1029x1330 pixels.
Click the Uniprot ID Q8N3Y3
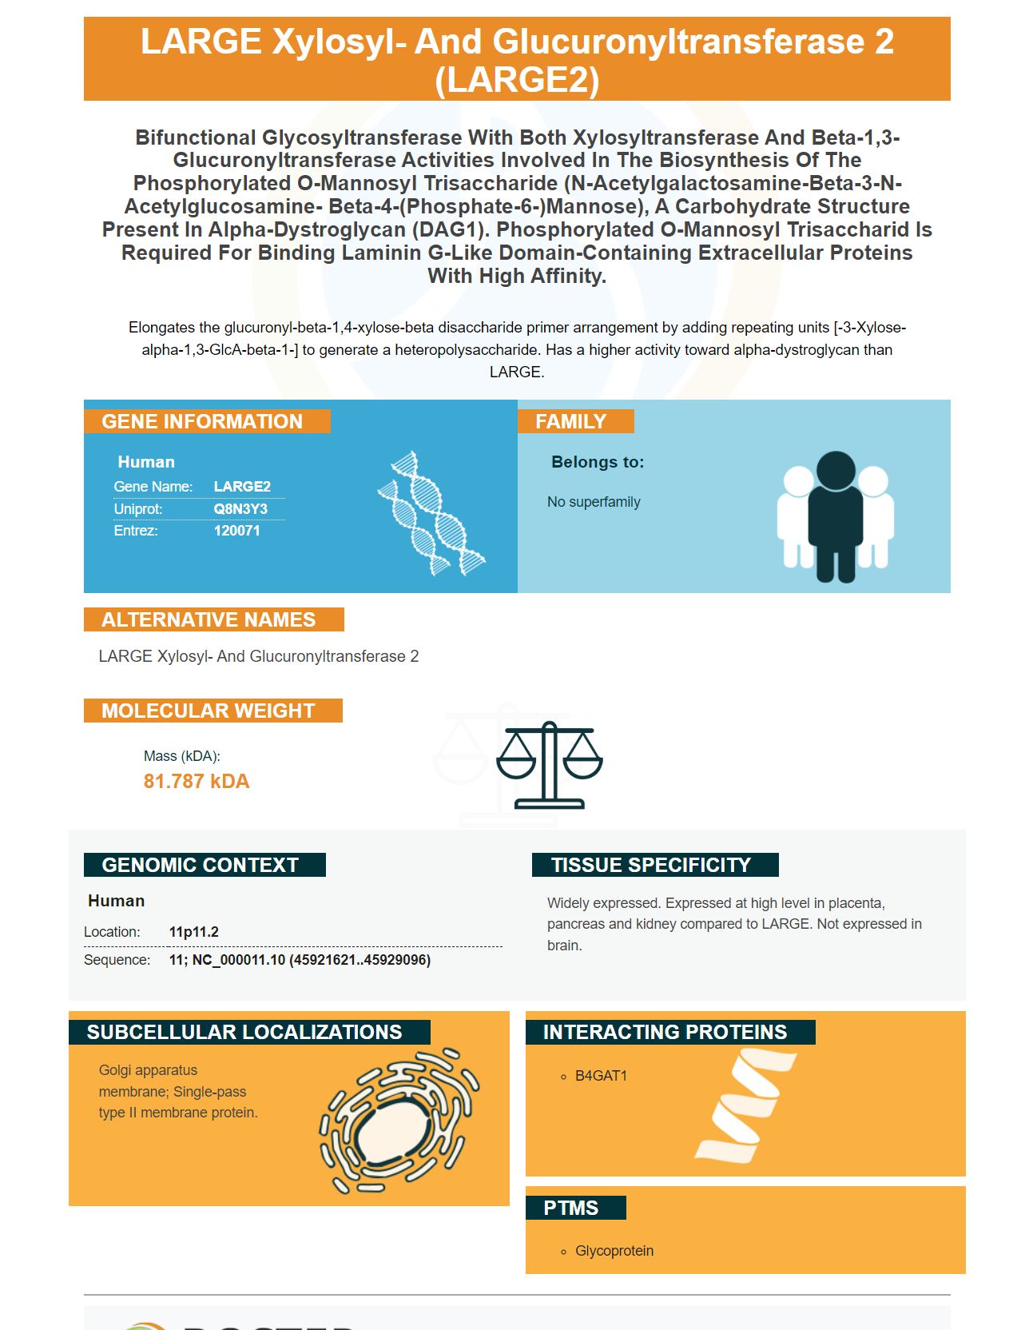[x=240, y=509]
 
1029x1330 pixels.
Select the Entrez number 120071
[x=236, y=531]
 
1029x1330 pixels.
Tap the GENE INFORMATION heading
[x=202, y=421]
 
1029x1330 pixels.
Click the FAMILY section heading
[x=570, y=421]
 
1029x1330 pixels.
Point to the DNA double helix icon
[x=431, y=513]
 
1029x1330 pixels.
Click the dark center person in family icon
[x=836, y=516]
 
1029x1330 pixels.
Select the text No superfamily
[x=594, y=502]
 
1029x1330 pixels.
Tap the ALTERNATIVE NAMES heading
[x=209, y=619]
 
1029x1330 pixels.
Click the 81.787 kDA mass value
[x=197, y=781]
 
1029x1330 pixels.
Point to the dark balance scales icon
[x=550, y=765]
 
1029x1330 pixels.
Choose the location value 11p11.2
[x=193, y=932]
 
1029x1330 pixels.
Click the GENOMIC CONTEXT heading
[x=201, y=865]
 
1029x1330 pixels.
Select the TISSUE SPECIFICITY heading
[x=651, y=865]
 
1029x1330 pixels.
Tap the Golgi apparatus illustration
[x=399, y=1121]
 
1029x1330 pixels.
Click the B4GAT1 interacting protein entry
[x=601, y=1076]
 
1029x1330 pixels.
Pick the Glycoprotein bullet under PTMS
[x=614, y=1251]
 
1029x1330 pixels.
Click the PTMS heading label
[x=570, y=1208]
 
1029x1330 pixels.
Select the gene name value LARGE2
[x=242, y=487]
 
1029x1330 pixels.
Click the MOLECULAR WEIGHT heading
[x=209, y=711]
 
